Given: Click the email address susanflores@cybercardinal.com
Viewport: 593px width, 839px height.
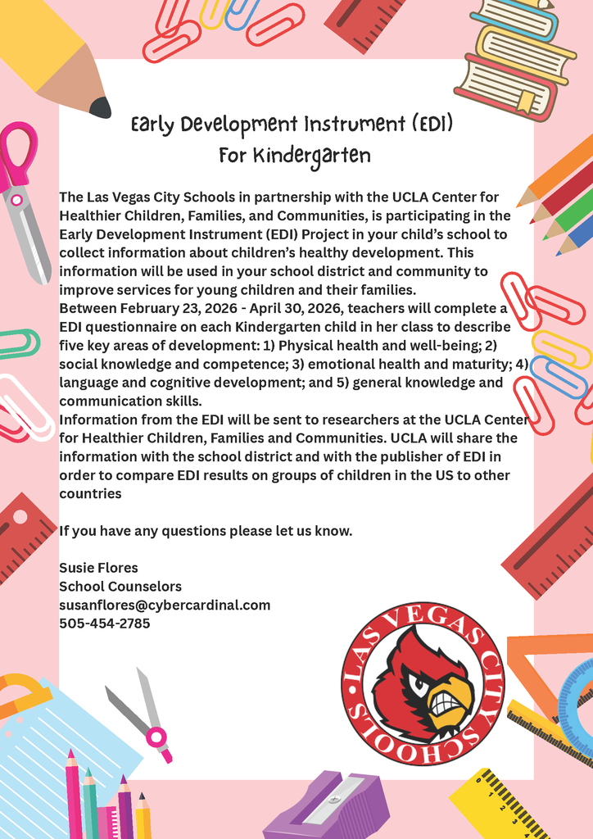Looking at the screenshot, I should coord(164,605).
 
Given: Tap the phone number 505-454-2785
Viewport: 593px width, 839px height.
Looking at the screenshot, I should coord(104,624).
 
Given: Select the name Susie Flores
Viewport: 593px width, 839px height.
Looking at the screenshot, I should coord(98,568).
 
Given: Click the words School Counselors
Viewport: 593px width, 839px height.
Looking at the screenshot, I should coord(120,587).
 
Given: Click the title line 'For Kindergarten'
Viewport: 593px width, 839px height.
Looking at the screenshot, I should coord(294,155).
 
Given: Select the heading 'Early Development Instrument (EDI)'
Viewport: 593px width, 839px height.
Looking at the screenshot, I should coord(292,125).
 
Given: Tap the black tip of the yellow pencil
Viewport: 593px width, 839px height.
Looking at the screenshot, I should coord(101,107).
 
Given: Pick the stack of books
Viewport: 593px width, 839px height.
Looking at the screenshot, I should coord(516,57).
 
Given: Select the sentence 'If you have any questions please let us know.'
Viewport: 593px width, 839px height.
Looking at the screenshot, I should coord(206,531).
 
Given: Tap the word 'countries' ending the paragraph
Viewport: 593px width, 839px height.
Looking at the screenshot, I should coord(90,494).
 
